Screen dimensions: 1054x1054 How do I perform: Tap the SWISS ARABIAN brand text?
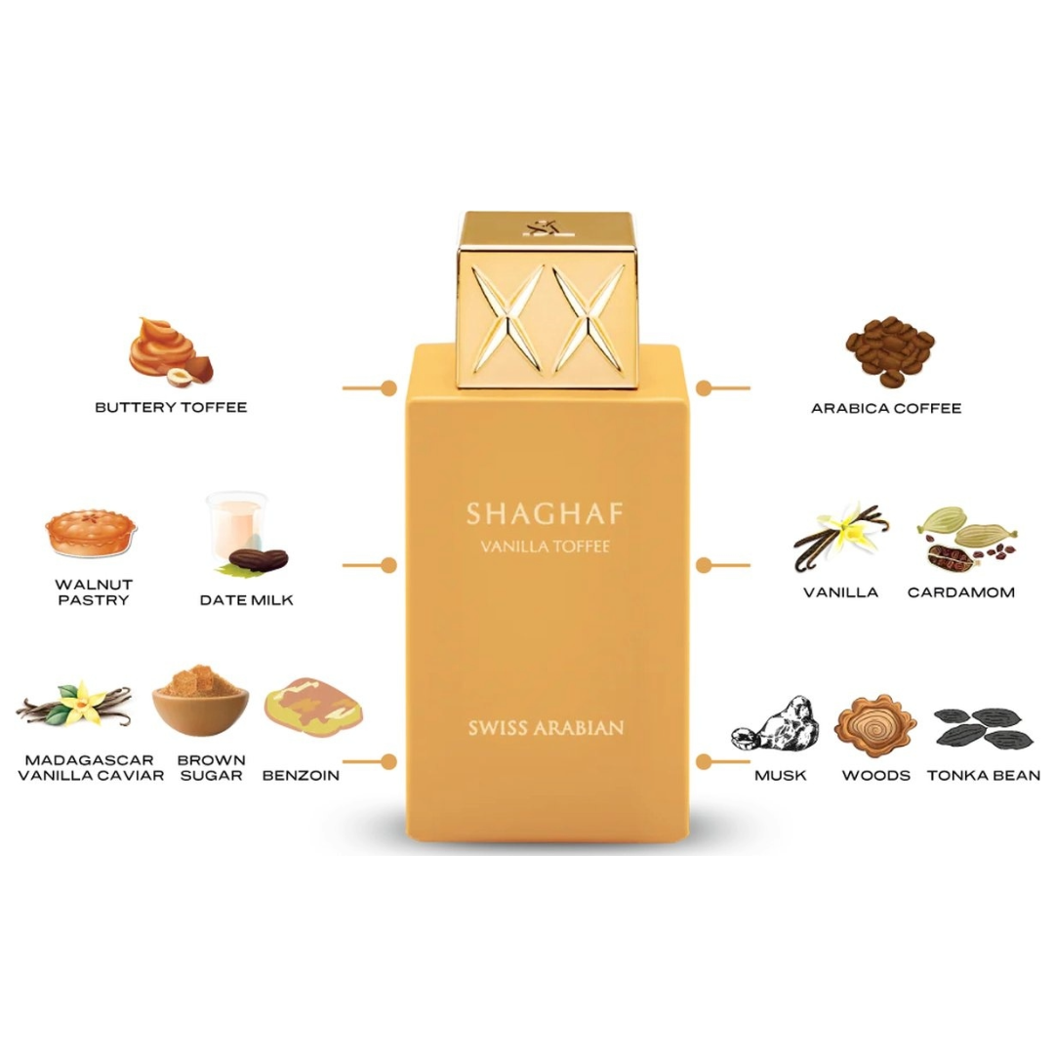tap(547, 726)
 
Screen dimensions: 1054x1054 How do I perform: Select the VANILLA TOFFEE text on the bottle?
tap(547, 547)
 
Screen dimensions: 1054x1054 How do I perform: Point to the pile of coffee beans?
tap(888, 349)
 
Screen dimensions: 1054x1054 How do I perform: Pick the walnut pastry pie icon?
tap(91, 532)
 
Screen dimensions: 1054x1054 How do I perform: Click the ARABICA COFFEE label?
tap(886, 408)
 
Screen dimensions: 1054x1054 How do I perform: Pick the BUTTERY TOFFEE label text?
tap(171, 407)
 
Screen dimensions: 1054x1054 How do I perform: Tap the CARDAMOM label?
tap(961, 591)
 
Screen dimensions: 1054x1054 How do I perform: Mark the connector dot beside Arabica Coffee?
tap(705, 387)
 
